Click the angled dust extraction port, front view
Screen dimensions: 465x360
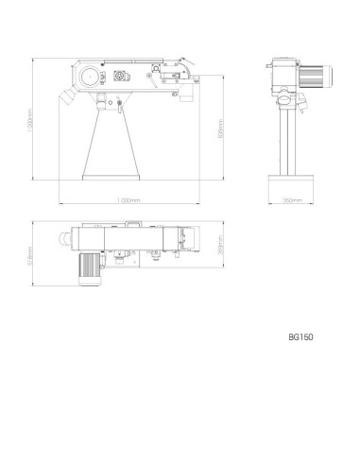[x=68, y=95]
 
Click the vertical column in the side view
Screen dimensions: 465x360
[x=291, y=137]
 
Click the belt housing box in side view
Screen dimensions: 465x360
[x=283, y=72]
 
